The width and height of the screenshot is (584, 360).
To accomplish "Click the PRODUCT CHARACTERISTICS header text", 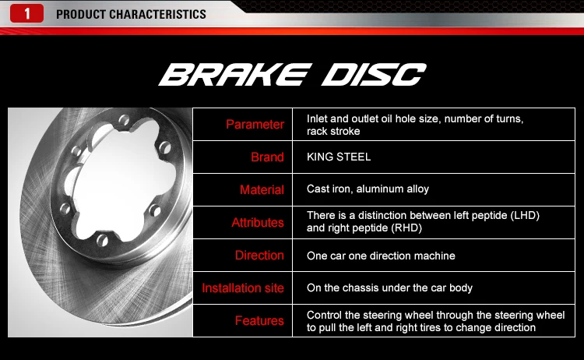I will tap(132, 14).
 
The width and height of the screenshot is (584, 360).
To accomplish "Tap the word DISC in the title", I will tap(374, 75).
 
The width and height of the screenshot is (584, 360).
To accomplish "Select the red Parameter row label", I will tap(255, 125).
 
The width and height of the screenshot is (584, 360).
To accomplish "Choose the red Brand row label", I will tap(267, 157).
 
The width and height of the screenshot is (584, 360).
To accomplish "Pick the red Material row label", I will tap(262, 190).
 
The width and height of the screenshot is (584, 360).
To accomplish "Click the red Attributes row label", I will tap(258, 223).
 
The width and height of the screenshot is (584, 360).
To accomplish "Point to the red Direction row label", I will tap(259, 256).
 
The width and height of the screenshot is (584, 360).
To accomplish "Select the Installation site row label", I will tap(243, 288).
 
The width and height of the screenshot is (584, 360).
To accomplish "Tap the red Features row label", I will tap(259, 321).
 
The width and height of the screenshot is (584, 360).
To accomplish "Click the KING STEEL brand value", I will tap(339, 157).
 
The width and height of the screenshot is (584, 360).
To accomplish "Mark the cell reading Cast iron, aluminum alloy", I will tap(368, 189).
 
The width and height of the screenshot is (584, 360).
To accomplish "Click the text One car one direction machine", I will tap(381, 256).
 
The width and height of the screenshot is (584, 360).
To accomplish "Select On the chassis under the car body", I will tap(389, 288).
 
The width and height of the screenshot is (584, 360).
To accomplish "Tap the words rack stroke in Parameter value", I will tap(333, 132).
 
